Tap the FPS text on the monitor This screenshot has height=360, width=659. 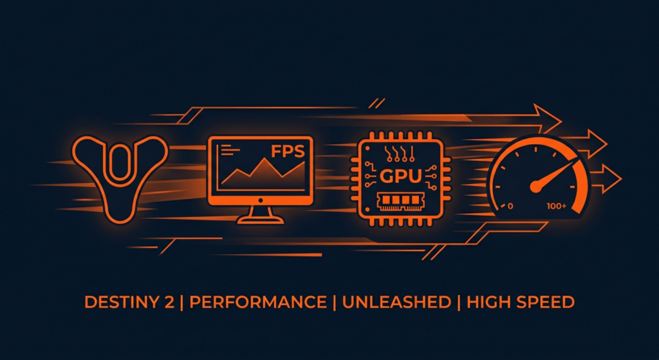coord(288,151)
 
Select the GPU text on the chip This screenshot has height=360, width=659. coord(400,176)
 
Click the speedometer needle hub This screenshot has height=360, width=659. coord(535,186)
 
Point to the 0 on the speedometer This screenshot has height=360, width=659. coord(510,206)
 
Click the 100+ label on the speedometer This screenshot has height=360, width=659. coord(557,206)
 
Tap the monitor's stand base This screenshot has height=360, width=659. coord(260,220)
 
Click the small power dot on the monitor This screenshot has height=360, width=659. coord(260,200)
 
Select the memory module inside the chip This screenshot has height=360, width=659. coord(400,202)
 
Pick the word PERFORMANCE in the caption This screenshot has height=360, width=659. coord(258,303)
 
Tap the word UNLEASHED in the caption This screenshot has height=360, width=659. coord(396,303)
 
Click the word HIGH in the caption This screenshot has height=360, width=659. coord(488,303)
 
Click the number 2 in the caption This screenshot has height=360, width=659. coord(169,303)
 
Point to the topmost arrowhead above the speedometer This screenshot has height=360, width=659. coord(548,118)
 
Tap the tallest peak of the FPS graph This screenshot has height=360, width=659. coord(265,159)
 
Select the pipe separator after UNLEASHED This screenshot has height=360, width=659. coord(458,303)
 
